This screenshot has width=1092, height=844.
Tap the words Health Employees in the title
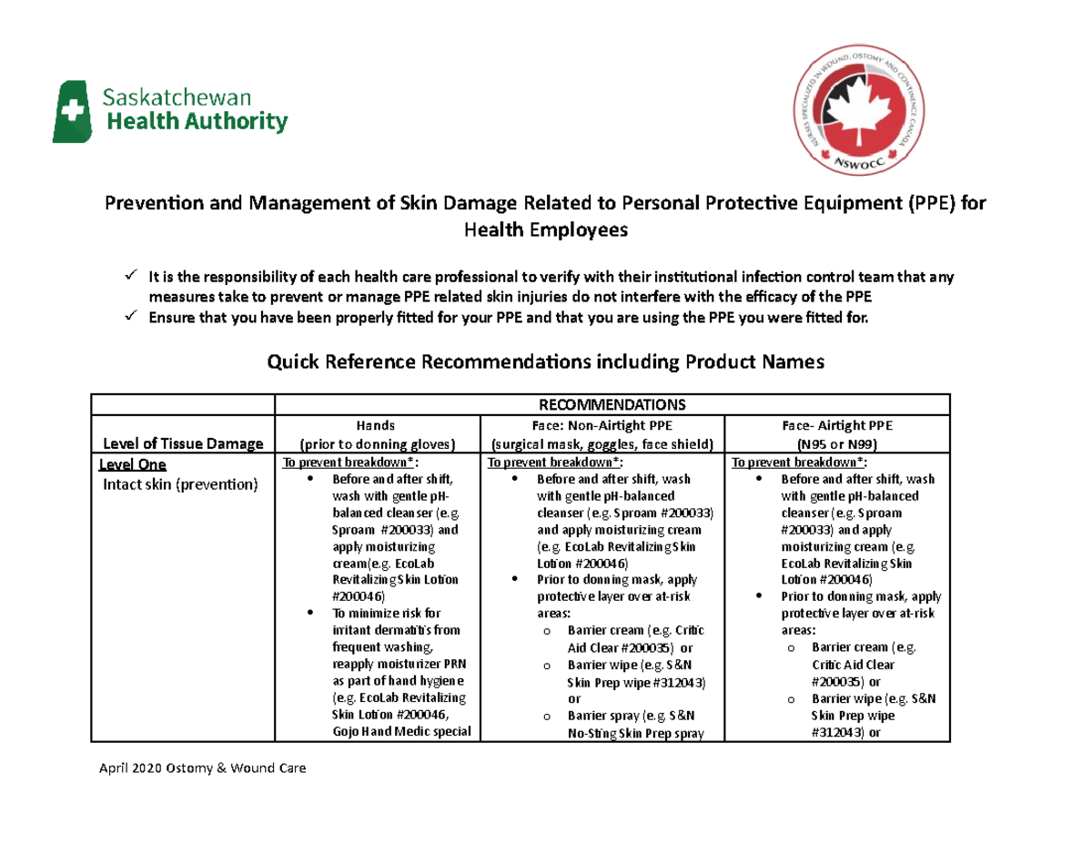pyautogui.click(x=546, y=230)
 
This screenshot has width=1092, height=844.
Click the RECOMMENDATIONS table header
pyautogui.click(x=612, y=404)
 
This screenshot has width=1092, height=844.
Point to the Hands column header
pyautogui.click(x=376, y=424)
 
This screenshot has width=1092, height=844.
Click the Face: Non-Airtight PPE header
pyautogui.click(x=604, y=424)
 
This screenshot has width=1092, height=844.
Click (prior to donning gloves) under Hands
pyautogui.click(x=376, y=444)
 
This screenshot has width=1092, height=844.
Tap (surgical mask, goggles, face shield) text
pyautogui.click(x=604, y=444)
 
